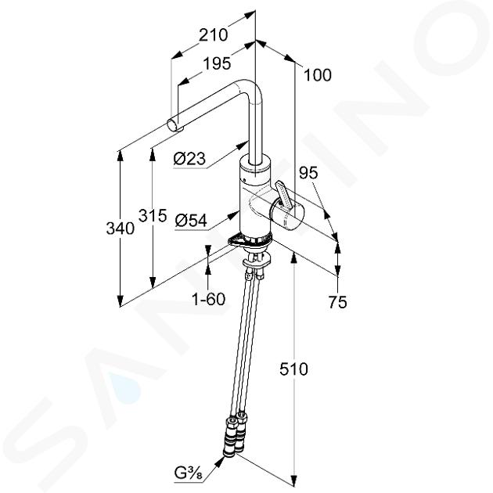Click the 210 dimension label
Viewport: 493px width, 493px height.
(213, 34)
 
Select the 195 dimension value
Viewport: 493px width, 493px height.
(217, 63)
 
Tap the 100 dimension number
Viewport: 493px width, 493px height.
(318, 75)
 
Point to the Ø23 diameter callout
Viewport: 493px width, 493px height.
(189, 158)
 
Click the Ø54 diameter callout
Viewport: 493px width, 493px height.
(191, 221)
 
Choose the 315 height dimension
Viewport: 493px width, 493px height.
(153, 215)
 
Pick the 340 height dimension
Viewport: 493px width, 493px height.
(121, 228)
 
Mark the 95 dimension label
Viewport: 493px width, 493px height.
(308, 173)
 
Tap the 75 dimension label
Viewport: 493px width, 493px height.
(338, 302)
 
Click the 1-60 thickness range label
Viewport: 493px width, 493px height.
(209, 299)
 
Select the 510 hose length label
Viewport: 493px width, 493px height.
(293, 369)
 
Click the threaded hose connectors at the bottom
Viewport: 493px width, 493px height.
(234, 435)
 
